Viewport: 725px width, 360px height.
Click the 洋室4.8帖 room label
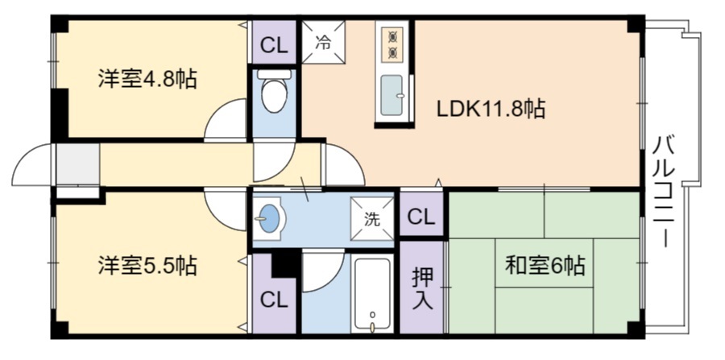(x=147, y=78)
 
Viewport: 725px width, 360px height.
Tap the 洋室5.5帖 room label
(x=147, y=264)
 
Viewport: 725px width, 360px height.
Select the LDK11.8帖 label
(x=491, y=109)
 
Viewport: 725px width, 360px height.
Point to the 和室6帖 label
(x=545, y=264)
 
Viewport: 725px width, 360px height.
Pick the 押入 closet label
(x=423, y=288)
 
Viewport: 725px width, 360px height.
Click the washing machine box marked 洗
(x=371, y=219)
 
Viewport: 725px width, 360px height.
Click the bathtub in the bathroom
(x=372, y=293)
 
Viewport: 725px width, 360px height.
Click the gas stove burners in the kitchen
(x=394, y=44)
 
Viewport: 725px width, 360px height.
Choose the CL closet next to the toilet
(x=275, y=45)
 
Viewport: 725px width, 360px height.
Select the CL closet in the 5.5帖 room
(x=273, y=300)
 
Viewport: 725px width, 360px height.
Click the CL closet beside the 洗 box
(x=421, y=217)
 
